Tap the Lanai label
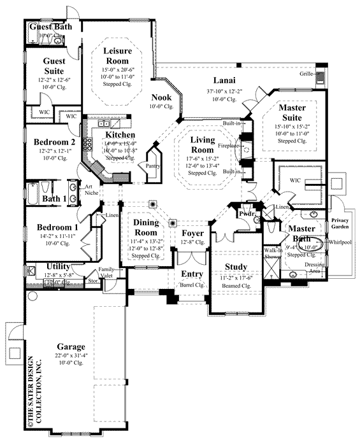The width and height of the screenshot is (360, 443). click(225, 80)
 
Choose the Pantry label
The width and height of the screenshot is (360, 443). click(154, 165)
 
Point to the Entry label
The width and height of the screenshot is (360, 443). click(192, 274)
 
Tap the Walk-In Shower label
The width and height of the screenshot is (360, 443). click(273, 255)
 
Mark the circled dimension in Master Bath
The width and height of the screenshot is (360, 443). click(316, 243)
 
